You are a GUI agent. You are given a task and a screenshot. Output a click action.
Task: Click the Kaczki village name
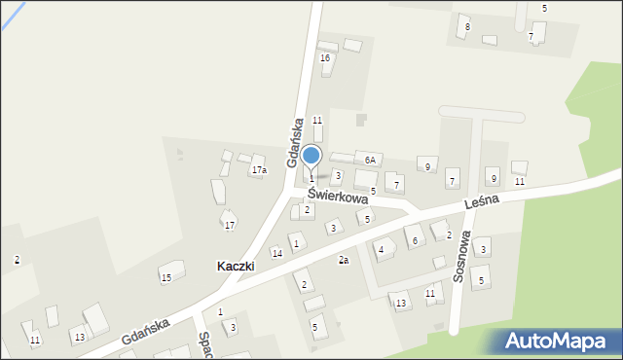[236, 266]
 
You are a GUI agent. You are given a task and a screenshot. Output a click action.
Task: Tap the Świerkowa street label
[336, 196]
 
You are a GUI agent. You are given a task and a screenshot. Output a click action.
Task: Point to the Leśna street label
[481, 199]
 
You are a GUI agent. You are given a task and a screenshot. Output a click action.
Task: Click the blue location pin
[311, 157]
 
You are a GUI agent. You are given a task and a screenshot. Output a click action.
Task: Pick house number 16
[325, 58]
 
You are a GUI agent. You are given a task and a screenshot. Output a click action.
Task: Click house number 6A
[370, 159]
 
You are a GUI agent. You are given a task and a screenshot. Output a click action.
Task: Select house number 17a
[258, 170]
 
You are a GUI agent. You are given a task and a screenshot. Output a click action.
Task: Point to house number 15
[166, 278]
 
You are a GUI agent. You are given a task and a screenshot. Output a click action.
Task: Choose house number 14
[277, 253]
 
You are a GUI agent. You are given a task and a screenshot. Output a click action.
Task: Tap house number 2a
[343, 260]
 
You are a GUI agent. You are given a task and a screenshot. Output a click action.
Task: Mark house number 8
[467, 26]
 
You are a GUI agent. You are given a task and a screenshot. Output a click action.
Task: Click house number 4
[381, 250]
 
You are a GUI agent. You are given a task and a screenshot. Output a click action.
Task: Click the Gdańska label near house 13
[147, 332]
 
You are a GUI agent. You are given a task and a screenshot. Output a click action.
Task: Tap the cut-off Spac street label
[204, 342]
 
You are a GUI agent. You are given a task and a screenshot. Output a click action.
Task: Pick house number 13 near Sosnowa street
[400, 304]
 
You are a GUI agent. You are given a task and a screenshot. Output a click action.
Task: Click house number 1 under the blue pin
[311, 179]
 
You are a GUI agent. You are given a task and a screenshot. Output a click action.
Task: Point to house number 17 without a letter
[230, 226]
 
